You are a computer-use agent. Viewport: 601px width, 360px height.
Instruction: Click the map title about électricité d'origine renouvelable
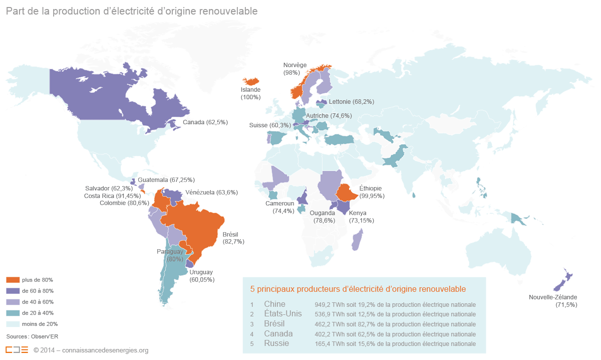[x=132, y=11]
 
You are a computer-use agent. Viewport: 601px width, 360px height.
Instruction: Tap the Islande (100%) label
[x=250, y=93]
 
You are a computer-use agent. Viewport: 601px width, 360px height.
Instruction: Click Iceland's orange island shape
[x=251, y=81]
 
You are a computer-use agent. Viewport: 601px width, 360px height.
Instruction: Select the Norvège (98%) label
[x=294, y=69]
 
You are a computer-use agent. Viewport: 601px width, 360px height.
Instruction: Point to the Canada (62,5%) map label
[x=205, y=122]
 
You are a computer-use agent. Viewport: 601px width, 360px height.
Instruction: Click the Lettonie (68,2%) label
[x=351, y=102]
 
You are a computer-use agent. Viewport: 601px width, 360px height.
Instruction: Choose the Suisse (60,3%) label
[x=269, y=125]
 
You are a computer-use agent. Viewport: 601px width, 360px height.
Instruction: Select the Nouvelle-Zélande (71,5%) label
[x=552, y=301]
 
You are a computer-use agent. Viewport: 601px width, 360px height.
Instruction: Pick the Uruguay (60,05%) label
[x=201, y=276]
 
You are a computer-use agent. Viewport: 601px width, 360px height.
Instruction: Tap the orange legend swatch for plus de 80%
[x=13, y=280]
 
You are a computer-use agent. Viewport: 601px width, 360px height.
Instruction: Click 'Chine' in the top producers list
[x=274, y=304]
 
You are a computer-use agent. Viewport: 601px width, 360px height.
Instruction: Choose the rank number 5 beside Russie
[x=252, y=344]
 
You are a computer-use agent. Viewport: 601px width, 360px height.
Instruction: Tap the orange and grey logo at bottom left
[x=17, y=350]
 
